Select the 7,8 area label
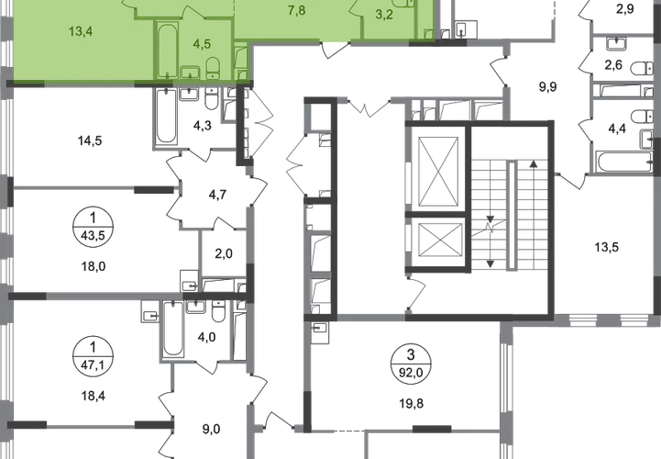297,11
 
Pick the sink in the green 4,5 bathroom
190,73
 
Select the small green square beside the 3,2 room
428,34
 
